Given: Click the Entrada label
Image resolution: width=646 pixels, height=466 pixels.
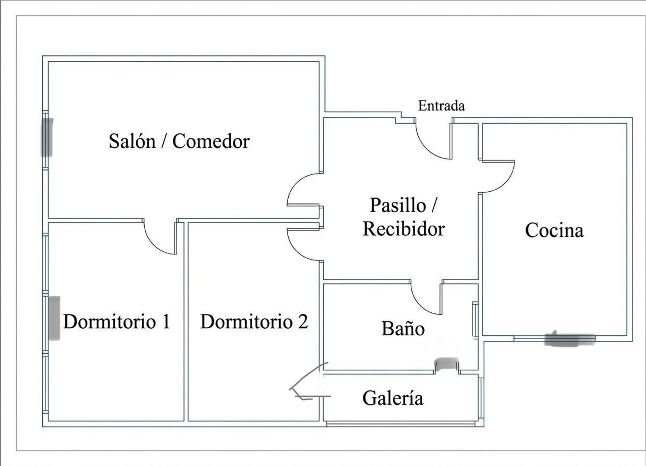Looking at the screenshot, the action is (x=441, y=106).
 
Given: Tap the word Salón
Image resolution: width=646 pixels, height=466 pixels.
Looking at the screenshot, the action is (x=132, y=141).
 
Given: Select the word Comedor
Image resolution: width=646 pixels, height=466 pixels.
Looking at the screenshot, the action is (x=211, y=141).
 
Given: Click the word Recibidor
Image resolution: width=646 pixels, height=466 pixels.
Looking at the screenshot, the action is (x=404, y=229).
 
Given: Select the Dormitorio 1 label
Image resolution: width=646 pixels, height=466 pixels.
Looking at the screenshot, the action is (x=117, y=321).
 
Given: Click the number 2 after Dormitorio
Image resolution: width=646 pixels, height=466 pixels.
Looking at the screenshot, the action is (x=302, y=321).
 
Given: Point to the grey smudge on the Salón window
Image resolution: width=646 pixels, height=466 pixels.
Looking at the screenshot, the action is (x=47, y=137).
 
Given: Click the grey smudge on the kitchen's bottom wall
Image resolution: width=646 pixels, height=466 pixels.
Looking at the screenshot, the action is (x=570, y=339).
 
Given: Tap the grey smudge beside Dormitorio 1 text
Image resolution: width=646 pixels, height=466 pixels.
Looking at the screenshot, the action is (x=54, y=318).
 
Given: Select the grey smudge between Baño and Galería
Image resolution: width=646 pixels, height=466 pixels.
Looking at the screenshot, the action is (x=446, y=364).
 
